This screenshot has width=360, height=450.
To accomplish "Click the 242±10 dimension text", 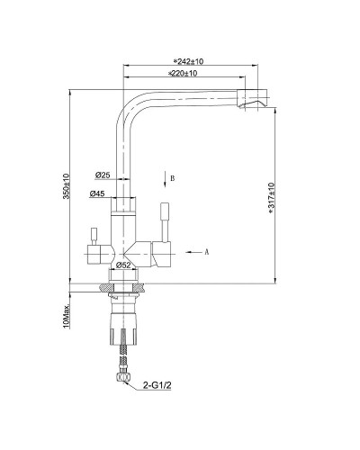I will pos(185,60).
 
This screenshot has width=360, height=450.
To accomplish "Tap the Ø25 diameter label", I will pos(102,175).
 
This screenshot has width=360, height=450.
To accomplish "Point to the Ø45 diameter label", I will pos(98,193).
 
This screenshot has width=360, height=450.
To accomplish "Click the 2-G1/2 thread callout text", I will pos(159,387).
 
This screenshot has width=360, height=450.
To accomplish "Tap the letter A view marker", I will pos(208,252).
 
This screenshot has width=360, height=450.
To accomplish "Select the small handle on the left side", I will pos(92,238).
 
